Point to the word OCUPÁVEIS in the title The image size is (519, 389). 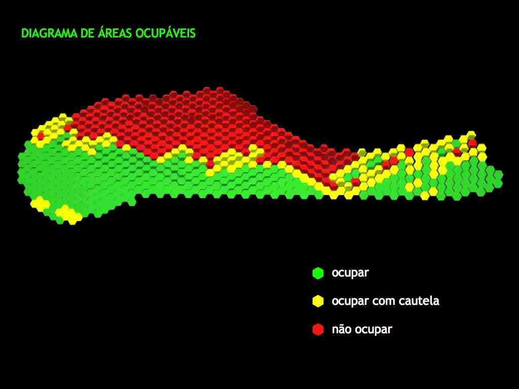[166, 32]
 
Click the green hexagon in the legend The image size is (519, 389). [318, 273]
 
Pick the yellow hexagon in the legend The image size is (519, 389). [318, 301]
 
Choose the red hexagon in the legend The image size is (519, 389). [318, 329]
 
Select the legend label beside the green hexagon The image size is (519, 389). [350, 274]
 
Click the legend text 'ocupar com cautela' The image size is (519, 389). [386, 301]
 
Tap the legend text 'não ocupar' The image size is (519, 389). [362, 329]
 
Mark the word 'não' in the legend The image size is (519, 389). [342, 329]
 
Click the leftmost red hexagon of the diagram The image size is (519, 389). [41, 136]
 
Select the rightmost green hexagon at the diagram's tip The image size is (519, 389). [499, 174]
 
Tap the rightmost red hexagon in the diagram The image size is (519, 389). [472, 143]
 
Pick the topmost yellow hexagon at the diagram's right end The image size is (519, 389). [471, 135]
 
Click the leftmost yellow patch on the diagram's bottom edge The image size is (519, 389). [40, 204]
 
